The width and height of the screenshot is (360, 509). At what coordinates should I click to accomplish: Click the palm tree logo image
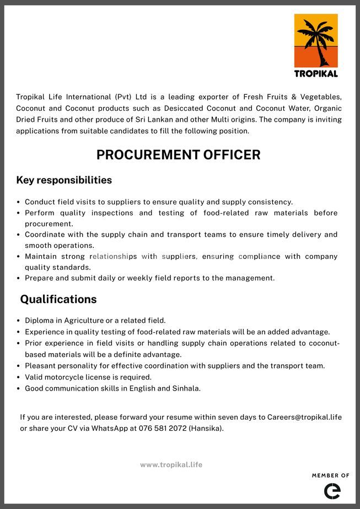[x=316, y=41]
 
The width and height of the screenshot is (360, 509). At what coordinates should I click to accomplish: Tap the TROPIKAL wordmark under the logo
[x=316, y=73]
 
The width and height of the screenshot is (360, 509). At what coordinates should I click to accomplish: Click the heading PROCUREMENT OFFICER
[x=178, y=155]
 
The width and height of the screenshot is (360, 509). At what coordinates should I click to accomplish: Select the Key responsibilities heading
[x=64, y=180]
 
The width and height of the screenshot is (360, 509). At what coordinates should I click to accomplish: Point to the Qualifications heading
[x=58, y=299]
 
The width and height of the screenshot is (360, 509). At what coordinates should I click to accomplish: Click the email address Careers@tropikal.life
[x=304, y=417]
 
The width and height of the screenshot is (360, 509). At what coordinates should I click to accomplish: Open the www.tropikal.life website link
[x=171, y=464]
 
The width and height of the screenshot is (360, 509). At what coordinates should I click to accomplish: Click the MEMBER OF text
[x=331, y=475]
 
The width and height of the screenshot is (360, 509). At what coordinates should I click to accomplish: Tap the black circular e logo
[x=332, y=490]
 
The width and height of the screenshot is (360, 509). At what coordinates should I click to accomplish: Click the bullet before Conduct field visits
[x=19, y=202]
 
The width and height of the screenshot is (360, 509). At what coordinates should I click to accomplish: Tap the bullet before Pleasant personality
[x=19, y=366]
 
